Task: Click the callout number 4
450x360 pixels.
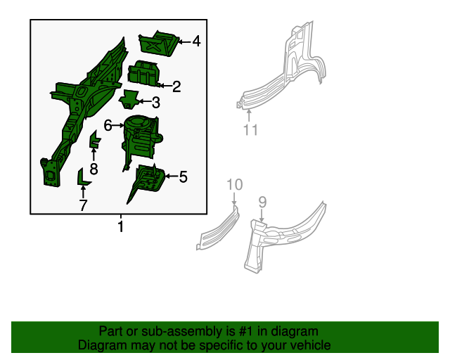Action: (196, 41)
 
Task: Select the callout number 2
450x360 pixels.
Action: (176, 86)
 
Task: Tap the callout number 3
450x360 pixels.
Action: (156, 103)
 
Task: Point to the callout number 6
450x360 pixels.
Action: (108, 125)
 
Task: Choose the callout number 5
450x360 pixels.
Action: (183, 176)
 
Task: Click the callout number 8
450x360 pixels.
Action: (94, 169)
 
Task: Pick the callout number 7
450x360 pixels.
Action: (83, 205)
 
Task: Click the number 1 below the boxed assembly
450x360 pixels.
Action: (121, 226)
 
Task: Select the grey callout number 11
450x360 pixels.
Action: (250, 130)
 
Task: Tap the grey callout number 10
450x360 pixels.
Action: (235, 184)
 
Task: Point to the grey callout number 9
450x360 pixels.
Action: (262, 202)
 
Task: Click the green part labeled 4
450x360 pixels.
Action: (159, 44)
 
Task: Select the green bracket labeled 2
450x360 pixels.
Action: (143, 74)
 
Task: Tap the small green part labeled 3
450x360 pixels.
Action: (129, 99)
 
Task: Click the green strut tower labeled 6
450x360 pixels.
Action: (141, 138)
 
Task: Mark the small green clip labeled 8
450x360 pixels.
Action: (95, 139)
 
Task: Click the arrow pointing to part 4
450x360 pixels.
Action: (184, 42)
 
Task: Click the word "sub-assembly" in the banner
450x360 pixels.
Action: (182, 331)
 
